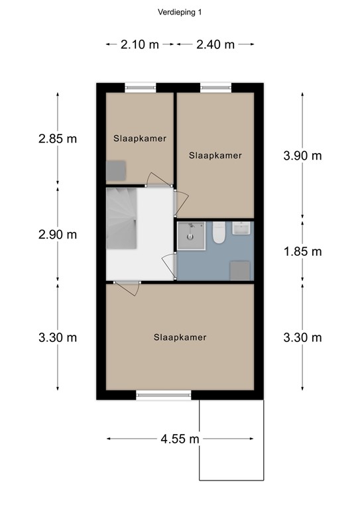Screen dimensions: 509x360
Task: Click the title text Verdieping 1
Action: pyautogui.click(x=180, y=12)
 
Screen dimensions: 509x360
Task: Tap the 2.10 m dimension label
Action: pyautogui.click(x=139, y=45)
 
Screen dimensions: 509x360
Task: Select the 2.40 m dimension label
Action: pyautogui.click(x=215, y=45)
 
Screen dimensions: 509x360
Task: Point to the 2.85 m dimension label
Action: pyautogui.click(x=57, y=139)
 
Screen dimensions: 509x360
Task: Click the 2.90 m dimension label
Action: pyautogui.click(x=57, y=235)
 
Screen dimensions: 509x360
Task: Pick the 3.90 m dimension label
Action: pyautogui.click(x=302, y=156)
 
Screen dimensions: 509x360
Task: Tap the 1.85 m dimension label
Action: pyautogui.click(x=302, y=251)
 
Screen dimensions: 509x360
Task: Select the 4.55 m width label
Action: pyautogui.click(x=179, y=439)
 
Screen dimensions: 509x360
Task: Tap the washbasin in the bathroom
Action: pyautogui.click(x=241, y=229)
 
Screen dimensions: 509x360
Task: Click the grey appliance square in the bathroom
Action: pyautogui.click(x=240, y=270)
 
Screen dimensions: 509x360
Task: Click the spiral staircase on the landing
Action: pyautogui.click(x=122, y=217)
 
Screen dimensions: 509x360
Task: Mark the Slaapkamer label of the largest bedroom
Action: pyautogui.click(x=180, y=337)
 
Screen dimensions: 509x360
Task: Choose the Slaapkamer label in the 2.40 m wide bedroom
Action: pyautogui.click(x=215, y=156)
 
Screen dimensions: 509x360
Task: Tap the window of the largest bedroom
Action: pyautogui.click(x=164, y=396)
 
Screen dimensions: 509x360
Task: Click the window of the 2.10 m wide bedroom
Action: pyautogui.click(x=141, y=87)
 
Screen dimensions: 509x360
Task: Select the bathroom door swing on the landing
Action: pyautogui.click(x=170, y=268)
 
